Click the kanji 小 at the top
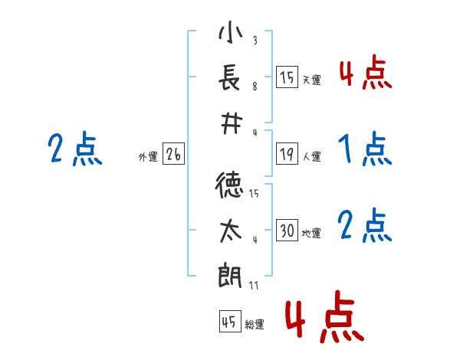(x=231, y=32)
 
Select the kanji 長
(x=230, y=77)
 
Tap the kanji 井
(x=232, y=123)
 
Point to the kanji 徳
(x=229, y=185)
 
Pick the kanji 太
(x=231, y=231)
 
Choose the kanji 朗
(x=230, y=275)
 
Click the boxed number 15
(x=287, y=77)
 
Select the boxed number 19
(x=287, y=154)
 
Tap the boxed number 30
(x=287, y=230)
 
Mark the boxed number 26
(x=173, y=154)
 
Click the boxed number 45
(x=230, y=322)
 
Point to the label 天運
(x=312, y=80)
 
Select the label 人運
(x=312, y=156)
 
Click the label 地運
(x=311, y=234)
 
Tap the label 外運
(x=148, y=157)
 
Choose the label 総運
(x=255, y=325)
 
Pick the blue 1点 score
(x=365, y=149)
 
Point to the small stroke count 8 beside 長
(x=255, y=87)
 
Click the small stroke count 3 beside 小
(x=255, y=40)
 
